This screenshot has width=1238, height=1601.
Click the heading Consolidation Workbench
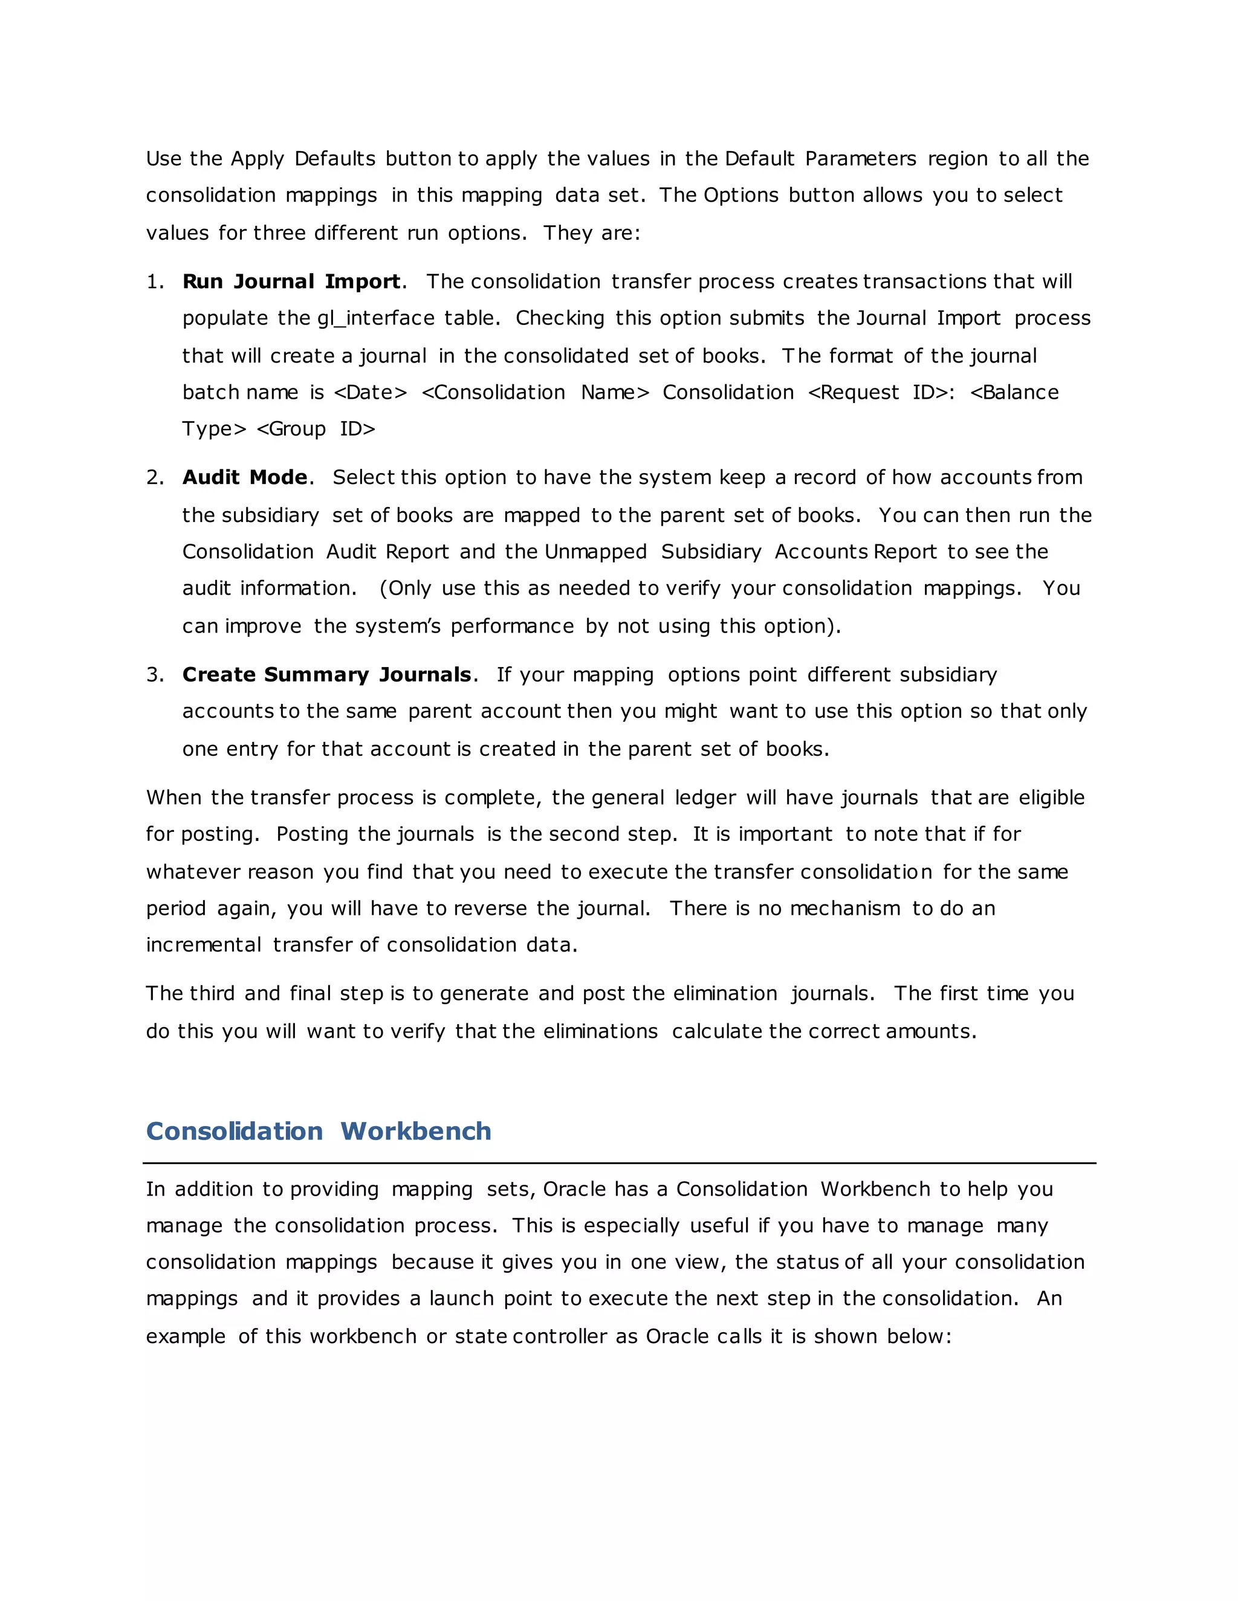[x=319, y=1131]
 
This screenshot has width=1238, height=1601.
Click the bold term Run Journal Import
[x=291, y=282]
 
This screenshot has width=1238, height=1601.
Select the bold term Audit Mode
[x=245, y=477]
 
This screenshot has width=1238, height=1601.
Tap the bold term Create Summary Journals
[x=326, y=674]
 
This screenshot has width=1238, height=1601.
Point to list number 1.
[x=154, y=282]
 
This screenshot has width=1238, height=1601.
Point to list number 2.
[x=154, y=477]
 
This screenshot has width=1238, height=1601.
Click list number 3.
[x=154, y=674]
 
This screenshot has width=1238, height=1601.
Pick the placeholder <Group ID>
[x=316, y=429]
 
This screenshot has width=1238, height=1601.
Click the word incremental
[x=203, y=945]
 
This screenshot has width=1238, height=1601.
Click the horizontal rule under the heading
[x=619, y=1162]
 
